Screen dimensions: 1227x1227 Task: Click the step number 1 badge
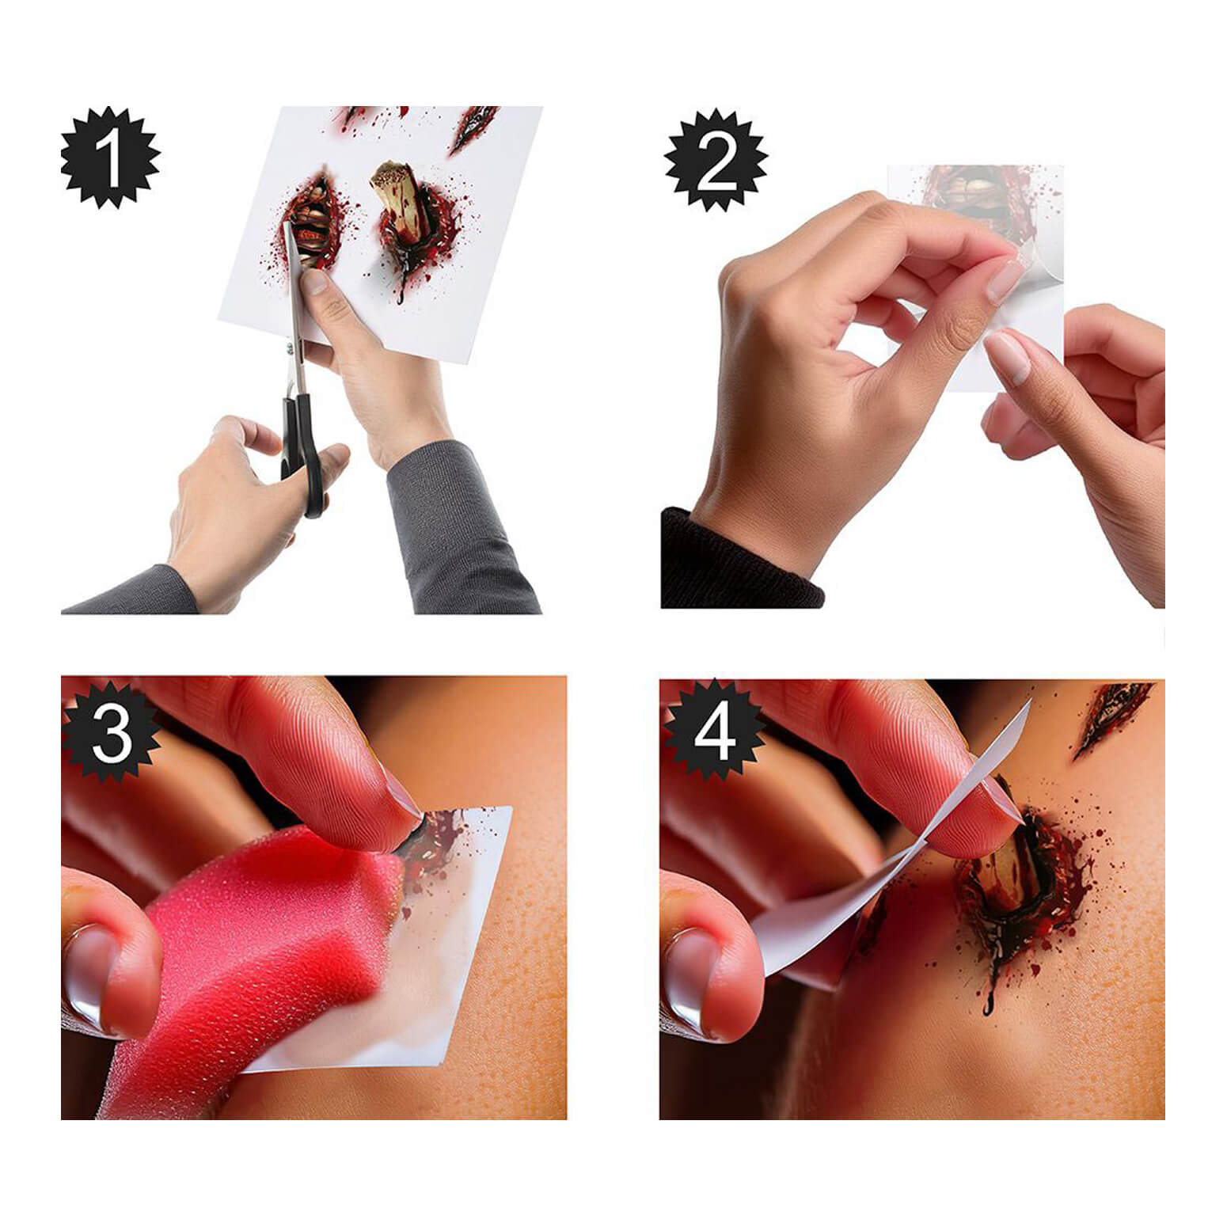coord(110,158)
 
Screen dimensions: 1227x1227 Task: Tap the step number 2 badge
coord(716,161)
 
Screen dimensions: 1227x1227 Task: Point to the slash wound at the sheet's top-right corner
coord(473,129)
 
